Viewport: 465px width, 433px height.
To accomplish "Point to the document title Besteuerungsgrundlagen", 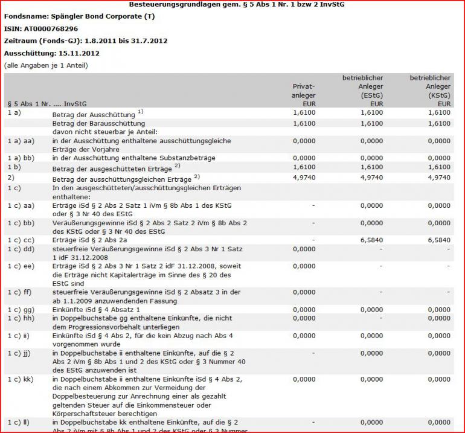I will click(x=237, y=4).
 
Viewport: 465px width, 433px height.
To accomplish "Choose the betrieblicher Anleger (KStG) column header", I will click(x=430, y=91).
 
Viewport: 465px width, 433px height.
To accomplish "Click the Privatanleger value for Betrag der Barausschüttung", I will click(x=304, y=123).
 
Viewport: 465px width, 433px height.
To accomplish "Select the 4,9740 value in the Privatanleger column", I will click(x=304, y=178).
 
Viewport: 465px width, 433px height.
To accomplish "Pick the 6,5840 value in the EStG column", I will click(x=371, y=240).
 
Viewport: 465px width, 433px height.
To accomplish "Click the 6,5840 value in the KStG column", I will click(x=439, y=240).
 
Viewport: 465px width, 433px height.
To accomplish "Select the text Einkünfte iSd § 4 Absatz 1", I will click(x=97, y=309).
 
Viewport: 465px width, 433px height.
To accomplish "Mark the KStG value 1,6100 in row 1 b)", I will click(x=439, y=167).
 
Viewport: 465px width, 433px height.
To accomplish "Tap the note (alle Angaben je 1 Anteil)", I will click(x=46, y=65).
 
